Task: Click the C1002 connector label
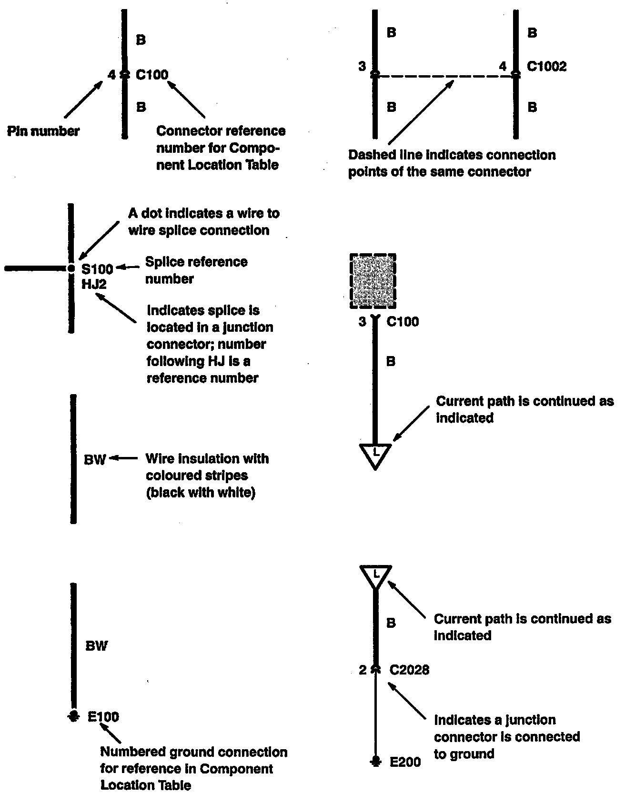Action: [546, 66]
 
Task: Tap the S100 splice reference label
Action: [97, 269]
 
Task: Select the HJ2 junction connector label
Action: [94, 285]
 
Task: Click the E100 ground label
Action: [103, 716]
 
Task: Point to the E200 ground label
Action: [405, 762]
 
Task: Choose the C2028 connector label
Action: [409, 670]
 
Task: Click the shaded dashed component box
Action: [373, 281]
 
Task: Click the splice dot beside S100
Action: [71, 268]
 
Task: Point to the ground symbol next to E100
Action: [73, 715]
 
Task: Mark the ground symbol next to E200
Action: [375, 761]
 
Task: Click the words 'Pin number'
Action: [43, 131]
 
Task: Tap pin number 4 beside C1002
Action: [503, 66]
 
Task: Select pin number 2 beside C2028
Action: [363, 670]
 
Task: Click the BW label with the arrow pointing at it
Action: [95, 460]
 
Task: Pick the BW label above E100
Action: [96, 646]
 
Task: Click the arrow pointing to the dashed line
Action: [420, 112]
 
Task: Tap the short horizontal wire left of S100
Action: [36, 268]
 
